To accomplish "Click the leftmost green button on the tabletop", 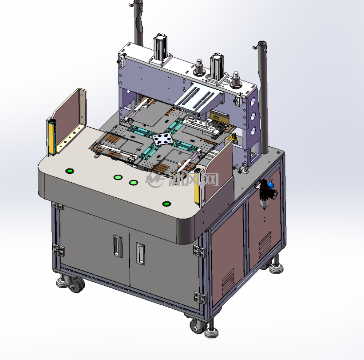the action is pos(70,171).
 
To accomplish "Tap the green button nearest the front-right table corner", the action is pos(166,204).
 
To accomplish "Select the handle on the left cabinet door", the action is pos(118,246).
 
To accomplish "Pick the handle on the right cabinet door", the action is pos(140,254).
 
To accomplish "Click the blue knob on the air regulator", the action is pos(271,185).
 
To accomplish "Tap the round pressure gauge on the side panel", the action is pos(274,194).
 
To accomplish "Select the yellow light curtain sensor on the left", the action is pos(52,137).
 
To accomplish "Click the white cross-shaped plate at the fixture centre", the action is pos(163,139).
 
